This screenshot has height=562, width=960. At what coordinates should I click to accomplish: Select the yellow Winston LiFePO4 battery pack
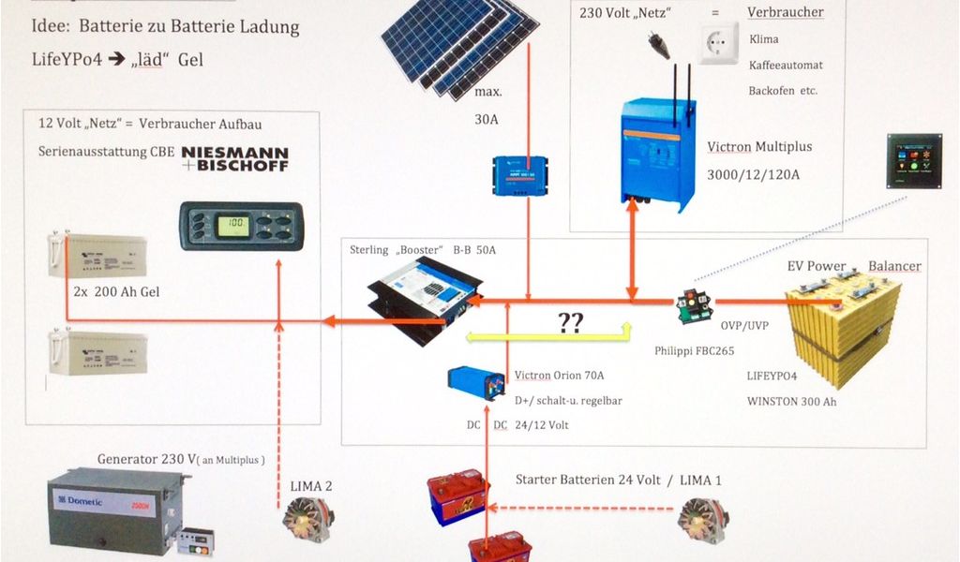(842, 323)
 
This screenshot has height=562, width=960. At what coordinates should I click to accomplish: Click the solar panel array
(459, 47)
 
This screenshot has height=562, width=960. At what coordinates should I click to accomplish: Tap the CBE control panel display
(241, 227)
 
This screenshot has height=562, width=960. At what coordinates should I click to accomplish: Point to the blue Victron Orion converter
(476, 381)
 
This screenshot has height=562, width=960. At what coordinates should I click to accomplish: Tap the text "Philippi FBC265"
(694, 351)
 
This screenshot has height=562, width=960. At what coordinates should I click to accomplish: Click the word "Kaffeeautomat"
(786, 66)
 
